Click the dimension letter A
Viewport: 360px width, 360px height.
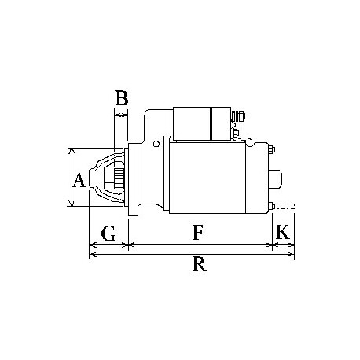point(79,180)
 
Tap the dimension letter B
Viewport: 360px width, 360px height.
point(122,98)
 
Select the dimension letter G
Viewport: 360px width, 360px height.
point(108,233)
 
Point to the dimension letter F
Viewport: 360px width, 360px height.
point(198,232)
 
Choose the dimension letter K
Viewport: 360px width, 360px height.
point(283,232)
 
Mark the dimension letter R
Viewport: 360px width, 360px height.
point(200,264)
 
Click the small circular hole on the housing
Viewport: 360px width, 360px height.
point(156,144)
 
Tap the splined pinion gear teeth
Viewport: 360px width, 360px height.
point(119,179)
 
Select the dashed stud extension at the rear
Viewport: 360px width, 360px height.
point(285,206)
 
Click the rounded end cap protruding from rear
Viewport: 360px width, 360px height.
point(275,179)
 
